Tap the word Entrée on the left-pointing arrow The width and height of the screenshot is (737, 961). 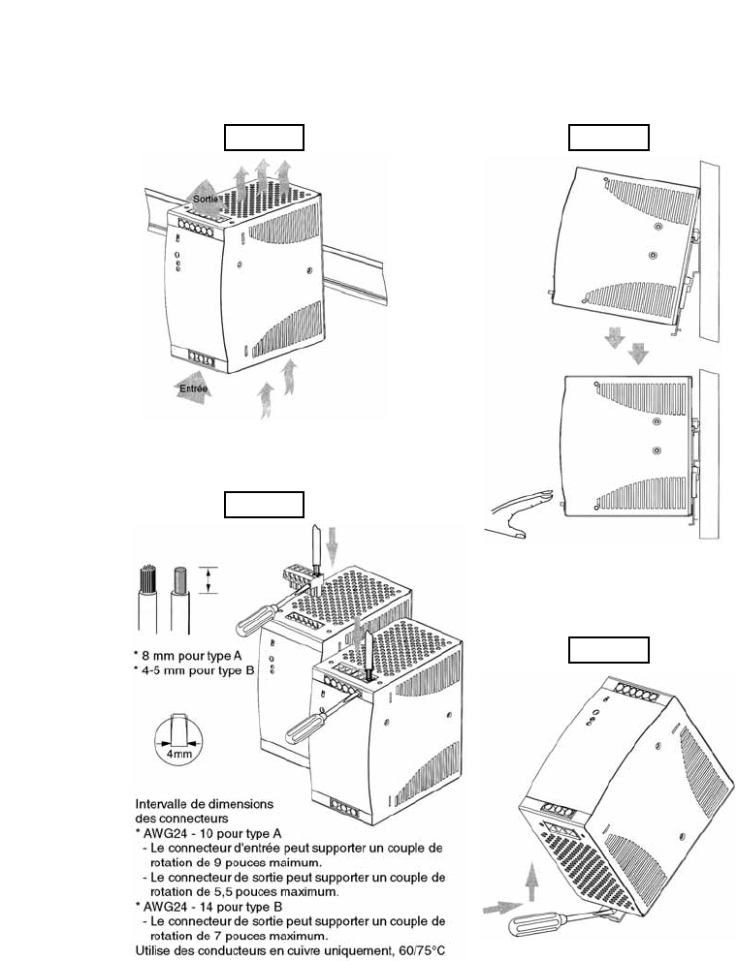(x=194, y=388)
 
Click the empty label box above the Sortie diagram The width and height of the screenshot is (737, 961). (x=264, y=137)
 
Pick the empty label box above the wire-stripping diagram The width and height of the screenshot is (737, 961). (x=264, y=505)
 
